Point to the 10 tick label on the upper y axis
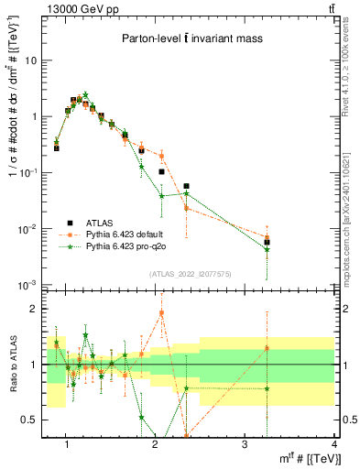[31, 60]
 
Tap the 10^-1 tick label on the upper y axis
[29, 173]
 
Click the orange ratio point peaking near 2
[161, 312]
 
